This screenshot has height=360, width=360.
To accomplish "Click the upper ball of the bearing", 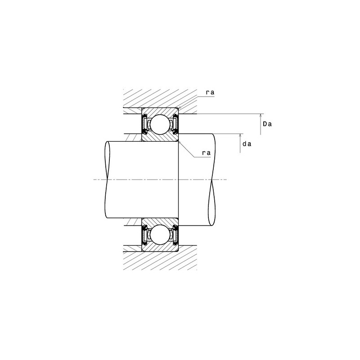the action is (x=160, y=125).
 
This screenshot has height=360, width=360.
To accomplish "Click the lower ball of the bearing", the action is (x=160, y=234).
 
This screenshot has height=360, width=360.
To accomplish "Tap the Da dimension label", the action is (x=267, y=124).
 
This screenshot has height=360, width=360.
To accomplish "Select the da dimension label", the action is (x=247, y=144).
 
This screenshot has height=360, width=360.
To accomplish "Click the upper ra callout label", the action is (x=210, y=92).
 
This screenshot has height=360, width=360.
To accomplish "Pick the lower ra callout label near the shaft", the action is (x=206, y=153).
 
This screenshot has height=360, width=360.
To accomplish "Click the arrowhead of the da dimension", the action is (x=240, y=136).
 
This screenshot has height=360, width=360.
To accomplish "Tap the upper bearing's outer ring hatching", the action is (x=160, y=111).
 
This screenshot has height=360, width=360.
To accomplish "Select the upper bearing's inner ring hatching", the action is (x=160, y=138).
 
